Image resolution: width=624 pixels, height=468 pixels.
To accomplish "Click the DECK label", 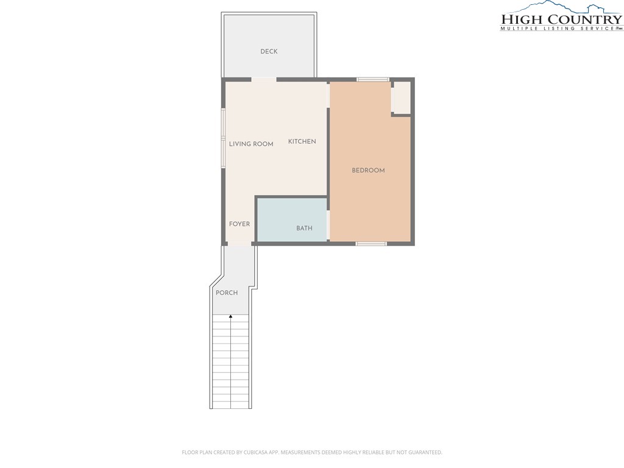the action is click(x=269, y=51).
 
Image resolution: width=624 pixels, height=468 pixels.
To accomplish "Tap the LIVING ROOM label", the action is click(x=251, y=144).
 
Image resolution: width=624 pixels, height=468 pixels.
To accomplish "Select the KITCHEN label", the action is click(x=302, y=141).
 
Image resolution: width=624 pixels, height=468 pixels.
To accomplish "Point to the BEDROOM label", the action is click(x=368, y=171).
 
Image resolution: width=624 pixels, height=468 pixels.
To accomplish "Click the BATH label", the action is click(x=305, y=228).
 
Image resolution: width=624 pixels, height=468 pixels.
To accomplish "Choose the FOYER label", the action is click(x=239, y=224).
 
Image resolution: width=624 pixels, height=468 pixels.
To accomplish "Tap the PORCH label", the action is click(x=227, y=293).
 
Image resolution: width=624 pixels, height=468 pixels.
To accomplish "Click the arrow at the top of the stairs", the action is click(x=231, y=317).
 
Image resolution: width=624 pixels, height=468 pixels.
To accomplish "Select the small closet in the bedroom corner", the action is click(x=401, y=97).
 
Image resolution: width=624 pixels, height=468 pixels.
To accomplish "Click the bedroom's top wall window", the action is click(x=373, y=80).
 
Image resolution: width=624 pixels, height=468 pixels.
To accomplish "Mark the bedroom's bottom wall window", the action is click(x=371, y=244).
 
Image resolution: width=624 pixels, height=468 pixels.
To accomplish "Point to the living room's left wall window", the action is click(x=224, y=138).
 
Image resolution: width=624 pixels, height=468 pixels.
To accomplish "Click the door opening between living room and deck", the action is click(x=264, y=80).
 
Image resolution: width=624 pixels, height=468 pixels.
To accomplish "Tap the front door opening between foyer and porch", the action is click(x=239, y=244).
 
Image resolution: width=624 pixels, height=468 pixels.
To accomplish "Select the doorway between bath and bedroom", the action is click(x=328, y=225).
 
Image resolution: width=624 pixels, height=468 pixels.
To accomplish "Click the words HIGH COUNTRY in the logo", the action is click(x=561, y=19).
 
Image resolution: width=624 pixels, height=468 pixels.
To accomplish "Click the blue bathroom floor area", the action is click(x=292, y=219).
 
